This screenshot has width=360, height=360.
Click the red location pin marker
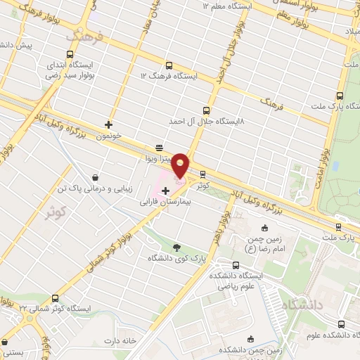[x=181, y=165]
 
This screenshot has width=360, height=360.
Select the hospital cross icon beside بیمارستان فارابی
[x=165, y=191]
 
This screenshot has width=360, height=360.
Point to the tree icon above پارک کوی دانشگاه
[x=176, y=247]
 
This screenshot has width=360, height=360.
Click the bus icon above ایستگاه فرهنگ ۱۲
[x=166, y=64]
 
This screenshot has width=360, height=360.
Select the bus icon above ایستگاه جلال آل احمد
[x=206, y=110]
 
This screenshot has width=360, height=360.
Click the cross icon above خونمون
[x=108, y=124]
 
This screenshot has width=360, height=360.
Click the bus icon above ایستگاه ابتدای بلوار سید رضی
[x=69, y=53]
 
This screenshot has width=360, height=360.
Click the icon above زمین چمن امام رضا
[x=265, y=227]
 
